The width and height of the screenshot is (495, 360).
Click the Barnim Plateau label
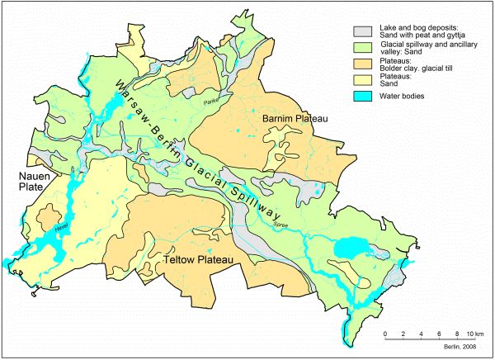[x=295, y=121]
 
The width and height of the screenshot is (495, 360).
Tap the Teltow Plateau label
[x=200, y=260]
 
